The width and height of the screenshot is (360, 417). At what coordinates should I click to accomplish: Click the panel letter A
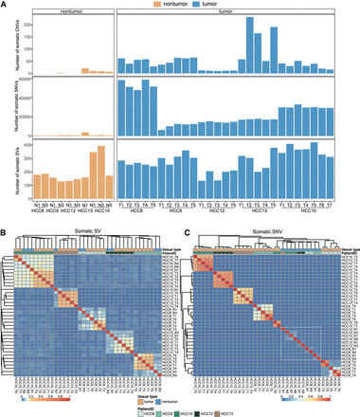[6, 6]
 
